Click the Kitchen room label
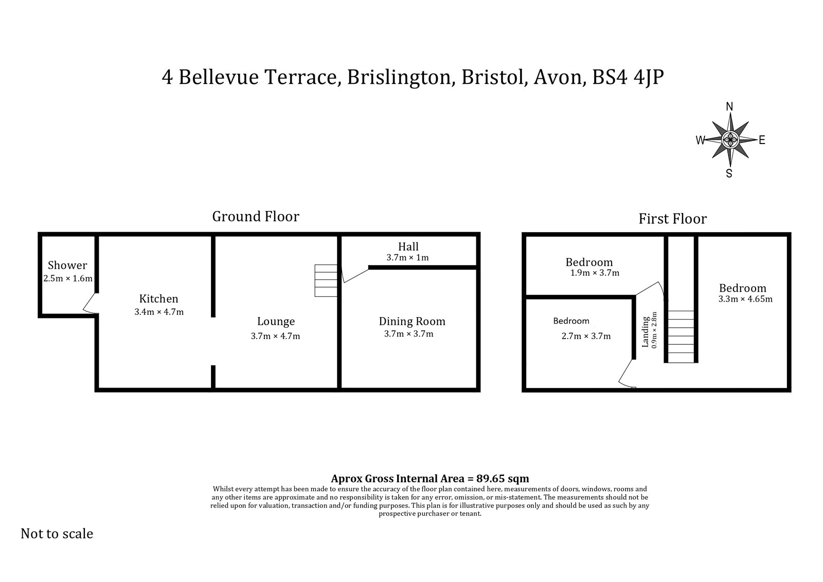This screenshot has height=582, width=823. click(x=158, y=299)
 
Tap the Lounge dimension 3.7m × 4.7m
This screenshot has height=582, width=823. click(x=275, y=337)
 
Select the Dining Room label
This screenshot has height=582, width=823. click(x=412, y=322)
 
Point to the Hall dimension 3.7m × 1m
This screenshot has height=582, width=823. click(x=407, y=257)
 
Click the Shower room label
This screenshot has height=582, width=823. click(x=67, y=266)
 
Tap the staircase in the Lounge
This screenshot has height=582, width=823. click(x=326, y=280)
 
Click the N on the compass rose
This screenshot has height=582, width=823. click(x=729, y=107)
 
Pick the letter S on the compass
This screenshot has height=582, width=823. click(x=729, y=173)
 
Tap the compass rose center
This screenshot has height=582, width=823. click(x=729, y=139)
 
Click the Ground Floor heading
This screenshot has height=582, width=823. click(x=256, y=217)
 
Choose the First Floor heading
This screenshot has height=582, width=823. click(x=672, y=219)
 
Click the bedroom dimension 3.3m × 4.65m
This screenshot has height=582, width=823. click(x=745, y=299)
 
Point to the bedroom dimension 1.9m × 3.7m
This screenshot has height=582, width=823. click(x=595, y=273)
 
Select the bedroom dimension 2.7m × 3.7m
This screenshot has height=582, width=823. click(x=586, y=337)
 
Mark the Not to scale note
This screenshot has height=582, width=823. click(x=57, y=534)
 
